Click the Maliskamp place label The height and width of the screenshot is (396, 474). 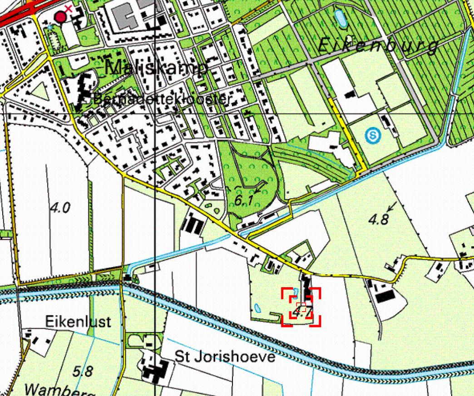click(x=157, y=68)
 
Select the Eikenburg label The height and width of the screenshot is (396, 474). click(x=378, y=46)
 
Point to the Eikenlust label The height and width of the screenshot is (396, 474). click(x=78, y=322)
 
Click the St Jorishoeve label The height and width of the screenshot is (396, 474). click(x=225, y=357)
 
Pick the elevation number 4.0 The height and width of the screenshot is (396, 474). click(x=60, y=208)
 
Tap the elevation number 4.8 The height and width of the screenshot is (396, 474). click(x=378, y=220)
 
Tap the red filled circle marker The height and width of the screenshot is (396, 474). click(x=60, y=17)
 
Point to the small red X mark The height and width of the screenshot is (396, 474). click(x=69, y=8)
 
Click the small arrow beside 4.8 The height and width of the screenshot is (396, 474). click(x=391, y=205)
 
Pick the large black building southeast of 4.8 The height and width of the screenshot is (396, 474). click(x=385, y=297)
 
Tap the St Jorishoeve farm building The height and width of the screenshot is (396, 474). click(x=153, y=370)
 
